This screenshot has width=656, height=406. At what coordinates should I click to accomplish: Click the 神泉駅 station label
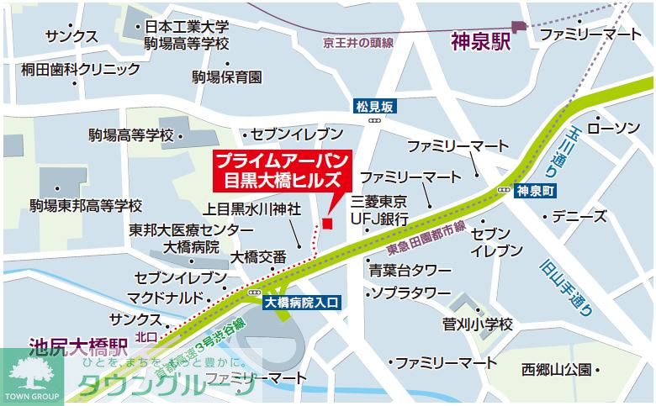pyautogui.click(x=480, y=40)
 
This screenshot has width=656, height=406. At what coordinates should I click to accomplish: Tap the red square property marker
pyautogui.click(x=327, y=223)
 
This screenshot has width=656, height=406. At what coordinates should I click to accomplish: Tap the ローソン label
pyautogui.click(x=613, y=128)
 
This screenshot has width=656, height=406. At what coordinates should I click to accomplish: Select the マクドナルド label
pyautogui.click(x=166, y=298)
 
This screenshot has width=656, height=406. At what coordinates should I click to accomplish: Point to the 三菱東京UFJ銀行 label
pyautogui.click(x=380, y=210)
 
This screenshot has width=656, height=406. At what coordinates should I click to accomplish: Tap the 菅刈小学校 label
pyautogui.click(x=478, y=324)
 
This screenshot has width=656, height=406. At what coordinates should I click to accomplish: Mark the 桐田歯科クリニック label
pyautogui.click(x=81, y=70)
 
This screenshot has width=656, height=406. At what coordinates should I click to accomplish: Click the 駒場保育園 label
pyautogui.click(x=226, y=76)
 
